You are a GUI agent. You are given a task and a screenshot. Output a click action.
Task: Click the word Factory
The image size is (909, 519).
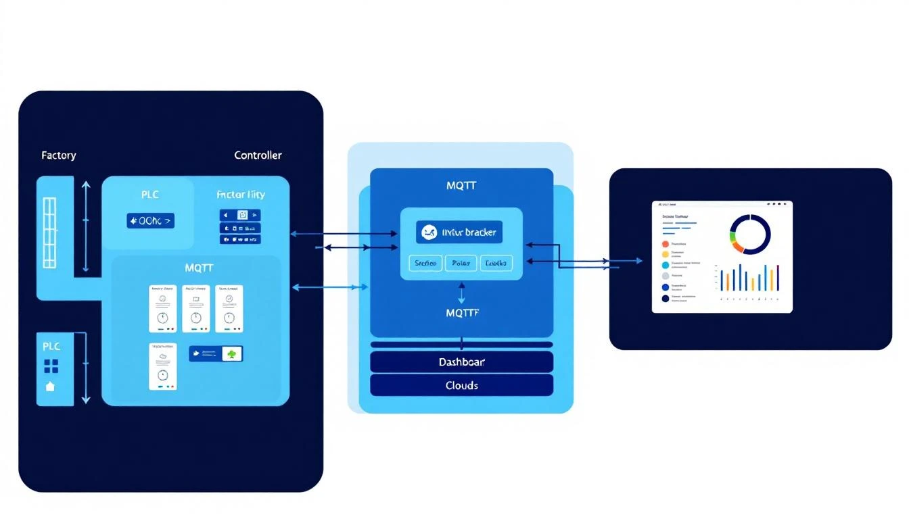[x=59, y=155]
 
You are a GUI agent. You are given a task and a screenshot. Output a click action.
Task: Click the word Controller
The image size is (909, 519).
[x=258, y=155]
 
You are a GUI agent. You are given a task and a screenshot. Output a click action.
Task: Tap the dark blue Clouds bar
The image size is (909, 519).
[x=462, y=385]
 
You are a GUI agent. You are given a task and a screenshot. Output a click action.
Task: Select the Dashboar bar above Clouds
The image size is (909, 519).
[x=462, y=362]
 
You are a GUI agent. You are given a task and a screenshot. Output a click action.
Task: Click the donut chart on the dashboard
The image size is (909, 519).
[x=750, y=234]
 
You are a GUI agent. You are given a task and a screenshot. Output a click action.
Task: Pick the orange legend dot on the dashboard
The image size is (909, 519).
[x=665, y=244]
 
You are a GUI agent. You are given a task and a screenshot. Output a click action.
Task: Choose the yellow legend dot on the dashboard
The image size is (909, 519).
[x=665, y=255]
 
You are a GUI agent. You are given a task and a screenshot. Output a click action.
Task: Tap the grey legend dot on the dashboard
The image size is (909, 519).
[x=665, y=276]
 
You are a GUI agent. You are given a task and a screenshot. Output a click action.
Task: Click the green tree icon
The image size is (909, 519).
[x=233, y=353]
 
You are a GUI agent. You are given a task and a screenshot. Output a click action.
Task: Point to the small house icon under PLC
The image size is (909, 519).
[x=51, y=387]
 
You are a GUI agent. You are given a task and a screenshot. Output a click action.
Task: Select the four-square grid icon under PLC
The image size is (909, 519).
[x=51, y=366]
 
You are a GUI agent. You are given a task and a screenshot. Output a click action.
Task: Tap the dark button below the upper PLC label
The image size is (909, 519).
[x=150, y=220]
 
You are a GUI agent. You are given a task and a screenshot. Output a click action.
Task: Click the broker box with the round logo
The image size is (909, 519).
[x=459, y=233]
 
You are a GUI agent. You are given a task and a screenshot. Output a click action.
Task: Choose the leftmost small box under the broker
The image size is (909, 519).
[x=426, y=263]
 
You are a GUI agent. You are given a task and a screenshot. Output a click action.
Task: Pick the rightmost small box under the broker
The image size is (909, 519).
[x=496, y=263]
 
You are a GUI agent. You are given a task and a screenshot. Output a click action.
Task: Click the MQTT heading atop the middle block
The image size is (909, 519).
[x=462, y=185]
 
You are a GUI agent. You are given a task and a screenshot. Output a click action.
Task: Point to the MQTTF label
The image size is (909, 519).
[x=462, y=313]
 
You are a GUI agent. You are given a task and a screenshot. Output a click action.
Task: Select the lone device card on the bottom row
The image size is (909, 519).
[x=163, y=366]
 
